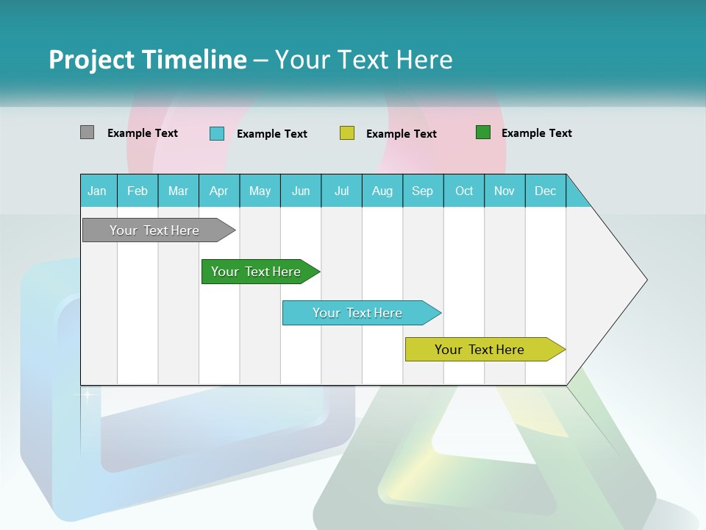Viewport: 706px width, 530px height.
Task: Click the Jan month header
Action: [98, 191]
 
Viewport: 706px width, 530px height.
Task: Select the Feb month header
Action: [138, 191]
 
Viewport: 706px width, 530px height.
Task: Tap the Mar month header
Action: [178, 191]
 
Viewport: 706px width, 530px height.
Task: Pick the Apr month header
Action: [219, 191]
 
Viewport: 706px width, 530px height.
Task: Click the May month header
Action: [260, 191]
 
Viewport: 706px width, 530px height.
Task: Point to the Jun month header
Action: [301, 191]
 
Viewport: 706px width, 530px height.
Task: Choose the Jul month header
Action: [341, 191]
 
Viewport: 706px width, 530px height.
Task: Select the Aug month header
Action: [382, 191]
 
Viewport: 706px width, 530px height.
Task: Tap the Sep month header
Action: [423, 191]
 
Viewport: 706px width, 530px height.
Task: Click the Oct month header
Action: [464, 191]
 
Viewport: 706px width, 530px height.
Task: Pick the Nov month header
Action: [504, 191]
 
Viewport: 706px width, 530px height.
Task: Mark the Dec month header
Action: [546, 191]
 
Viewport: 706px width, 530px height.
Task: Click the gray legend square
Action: [87, 132]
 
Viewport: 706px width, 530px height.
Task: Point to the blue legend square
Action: [217, 133]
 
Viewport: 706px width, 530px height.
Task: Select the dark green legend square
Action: [483, 132]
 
